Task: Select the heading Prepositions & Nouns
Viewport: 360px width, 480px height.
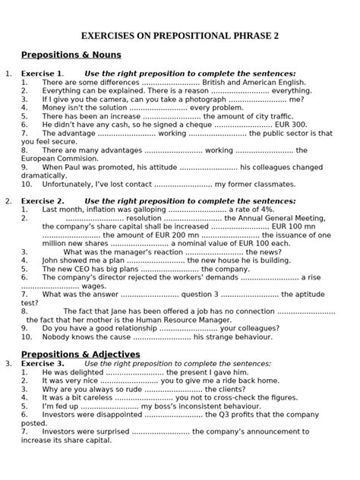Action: click(71, 55)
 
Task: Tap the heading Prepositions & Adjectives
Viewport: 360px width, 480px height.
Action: click(81, 354)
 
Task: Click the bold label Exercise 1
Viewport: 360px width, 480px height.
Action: click(42, 74)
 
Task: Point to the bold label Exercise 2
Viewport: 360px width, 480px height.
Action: click(42, 201)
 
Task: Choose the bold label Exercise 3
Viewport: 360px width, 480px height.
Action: click(42, 364)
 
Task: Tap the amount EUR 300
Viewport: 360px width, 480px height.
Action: click(291, 125)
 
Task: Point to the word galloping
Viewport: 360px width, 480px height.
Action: click(144, 209)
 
